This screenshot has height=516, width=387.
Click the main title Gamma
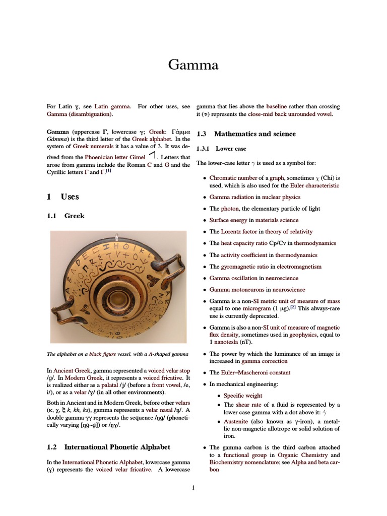coord(193,65)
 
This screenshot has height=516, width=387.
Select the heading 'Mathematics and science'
coord(254,134)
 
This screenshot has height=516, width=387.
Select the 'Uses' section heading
coord(70,197)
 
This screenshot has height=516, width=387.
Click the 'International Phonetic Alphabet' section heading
coord(117,447)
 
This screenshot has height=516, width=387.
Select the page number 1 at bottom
coord(193,487)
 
